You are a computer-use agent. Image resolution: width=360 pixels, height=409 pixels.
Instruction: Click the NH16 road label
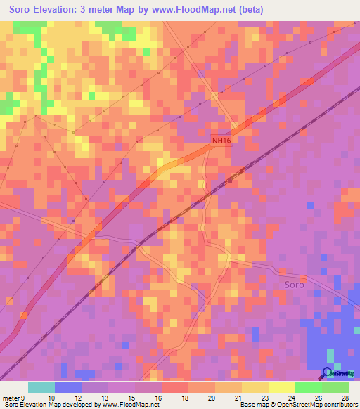221,141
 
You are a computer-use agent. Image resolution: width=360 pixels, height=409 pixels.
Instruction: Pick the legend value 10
51,397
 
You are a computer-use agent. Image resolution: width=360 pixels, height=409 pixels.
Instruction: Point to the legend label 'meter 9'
14,397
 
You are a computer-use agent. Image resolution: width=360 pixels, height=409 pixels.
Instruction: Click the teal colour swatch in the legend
41,387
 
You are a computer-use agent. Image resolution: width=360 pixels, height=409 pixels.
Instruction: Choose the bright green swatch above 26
308,387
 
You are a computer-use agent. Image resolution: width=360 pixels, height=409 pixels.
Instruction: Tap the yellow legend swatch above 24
281,387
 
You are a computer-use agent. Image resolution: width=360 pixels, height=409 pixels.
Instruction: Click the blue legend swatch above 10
68,387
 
